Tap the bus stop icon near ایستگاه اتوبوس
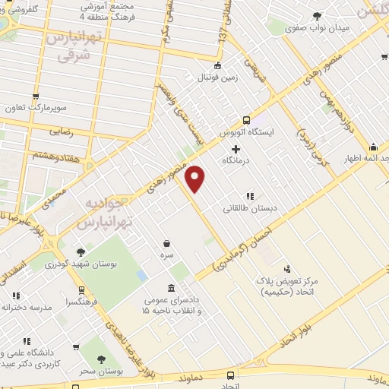click(246, 120)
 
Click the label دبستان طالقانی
click(250, 207)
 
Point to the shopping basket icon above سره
click(166, 243)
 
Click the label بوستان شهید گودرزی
click(81, 264)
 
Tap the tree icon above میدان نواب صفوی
click(317, 17)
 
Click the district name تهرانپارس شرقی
click(71, 45)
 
